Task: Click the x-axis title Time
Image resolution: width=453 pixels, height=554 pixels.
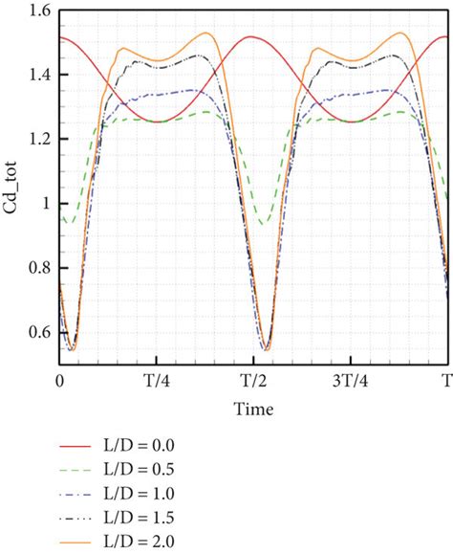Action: click(x=253, y=410)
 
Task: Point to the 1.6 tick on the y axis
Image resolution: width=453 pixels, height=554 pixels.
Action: click(x=35, y=11)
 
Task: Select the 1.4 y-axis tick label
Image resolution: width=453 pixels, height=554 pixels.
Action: click(x=35, y=75)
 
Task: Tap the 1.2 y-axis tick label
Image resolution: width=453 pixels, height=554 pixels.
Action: click(x=35, y=140)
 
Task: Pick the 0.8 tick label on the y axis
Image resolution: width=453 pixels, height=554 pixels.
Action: click(x=35, y=268)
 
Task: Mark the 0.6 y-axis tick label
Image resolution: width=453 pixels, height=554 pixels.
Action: click(x=35, y=332)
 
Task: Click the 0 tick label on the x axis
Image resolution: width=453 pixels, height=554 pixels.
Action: click(x=60, y=380)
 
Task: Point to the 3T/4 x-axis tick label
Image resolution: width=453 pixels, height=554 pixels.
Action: click(x=348, y=380)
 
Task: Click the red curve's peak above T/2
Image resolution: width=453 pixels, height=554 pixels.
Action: click(x=251, y=36)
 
